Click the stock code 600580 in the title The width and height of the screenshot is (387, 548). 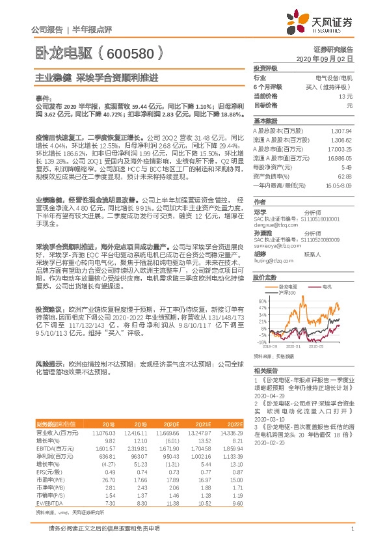(129, 51)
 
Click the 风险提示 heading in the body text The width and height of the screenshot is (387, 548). (50, 364)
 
